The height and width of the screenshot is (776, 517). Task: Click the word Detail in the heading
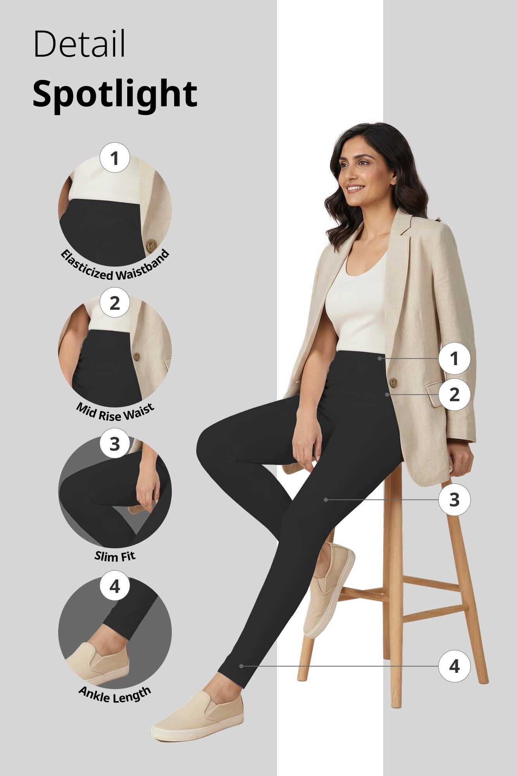click(79, 44)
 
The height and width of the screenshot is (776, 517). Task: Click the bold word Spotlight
click(115, 94)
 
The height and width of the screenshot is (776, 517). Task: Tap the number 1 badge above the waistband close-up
click(114, 158)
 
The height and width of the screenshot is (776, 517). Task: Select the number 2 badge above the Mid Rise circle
click(114, 303)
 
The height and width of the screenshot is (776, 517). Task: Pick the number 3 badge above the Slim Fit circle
click(114, 443)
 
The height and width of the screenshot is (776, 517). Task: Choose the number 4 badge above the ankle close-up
click(114, 586)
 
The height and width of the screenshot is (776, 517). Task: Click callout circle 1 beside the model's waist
click(454, 359)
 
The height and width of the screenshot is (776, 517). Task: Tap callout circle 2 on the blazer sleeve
click(454, 395)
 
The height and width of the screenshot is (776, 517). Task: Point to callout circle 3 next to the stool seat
click(454, 500)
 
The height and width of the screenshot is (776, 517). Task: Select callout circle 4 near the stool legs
click(454, 666)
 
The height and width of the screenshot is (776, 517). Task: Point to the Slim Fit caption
click(115, 556)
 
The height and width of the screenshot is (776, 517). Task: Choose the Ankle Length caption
click(115, 695)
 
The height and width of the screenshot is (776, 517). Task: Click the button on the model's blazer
click(393, 383)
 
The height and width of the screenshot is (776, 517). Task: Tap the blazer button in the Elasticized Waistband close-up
click(151, 245)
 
